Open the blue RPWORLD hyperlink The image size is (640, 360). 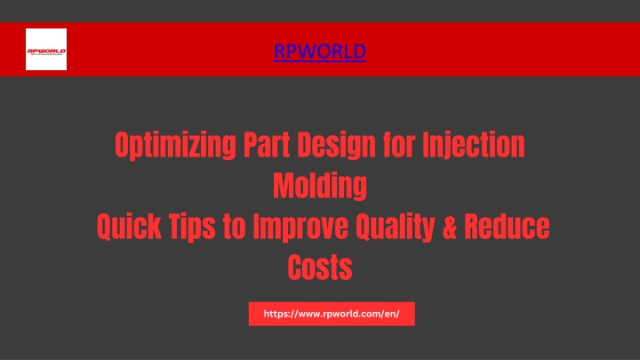coord(320,52)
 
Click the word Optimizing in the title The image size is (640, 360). coord(175,145)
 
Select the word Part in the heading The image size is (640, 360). coord(266,145)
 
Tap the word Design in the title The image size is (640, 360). coord(336,146)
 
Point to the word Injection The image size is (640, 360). coord(474,146)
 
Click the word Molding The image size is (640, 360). coord(320,187)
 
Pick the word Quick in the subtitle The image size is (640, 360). coord(129,227)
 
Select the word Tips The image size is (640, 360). coord(192,228)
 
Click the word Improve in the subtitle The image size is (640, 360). coord(300,228)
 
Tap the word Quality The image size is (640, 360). coord(396,228)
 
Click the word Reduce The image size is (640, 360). coord(507,227)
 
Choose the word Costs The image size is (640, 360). coord(320,268)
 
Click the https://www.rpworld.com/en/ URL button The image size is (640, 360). coord(332,314)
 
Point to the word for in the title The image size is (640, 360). coord(399,145)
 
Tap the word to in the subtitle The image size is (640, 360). coord(235,227)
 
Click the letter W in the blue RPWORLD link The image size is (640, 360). coord(312,52)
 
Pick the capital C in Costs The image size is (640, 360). coord(295,268)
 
